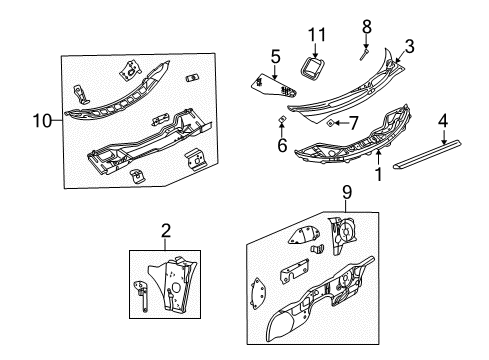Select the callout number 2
point(165,231)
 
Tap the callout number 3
point(408,45)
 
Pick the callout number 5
point(274,56)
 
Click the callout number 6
point(282,146)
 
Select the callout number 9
point(347,192)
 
